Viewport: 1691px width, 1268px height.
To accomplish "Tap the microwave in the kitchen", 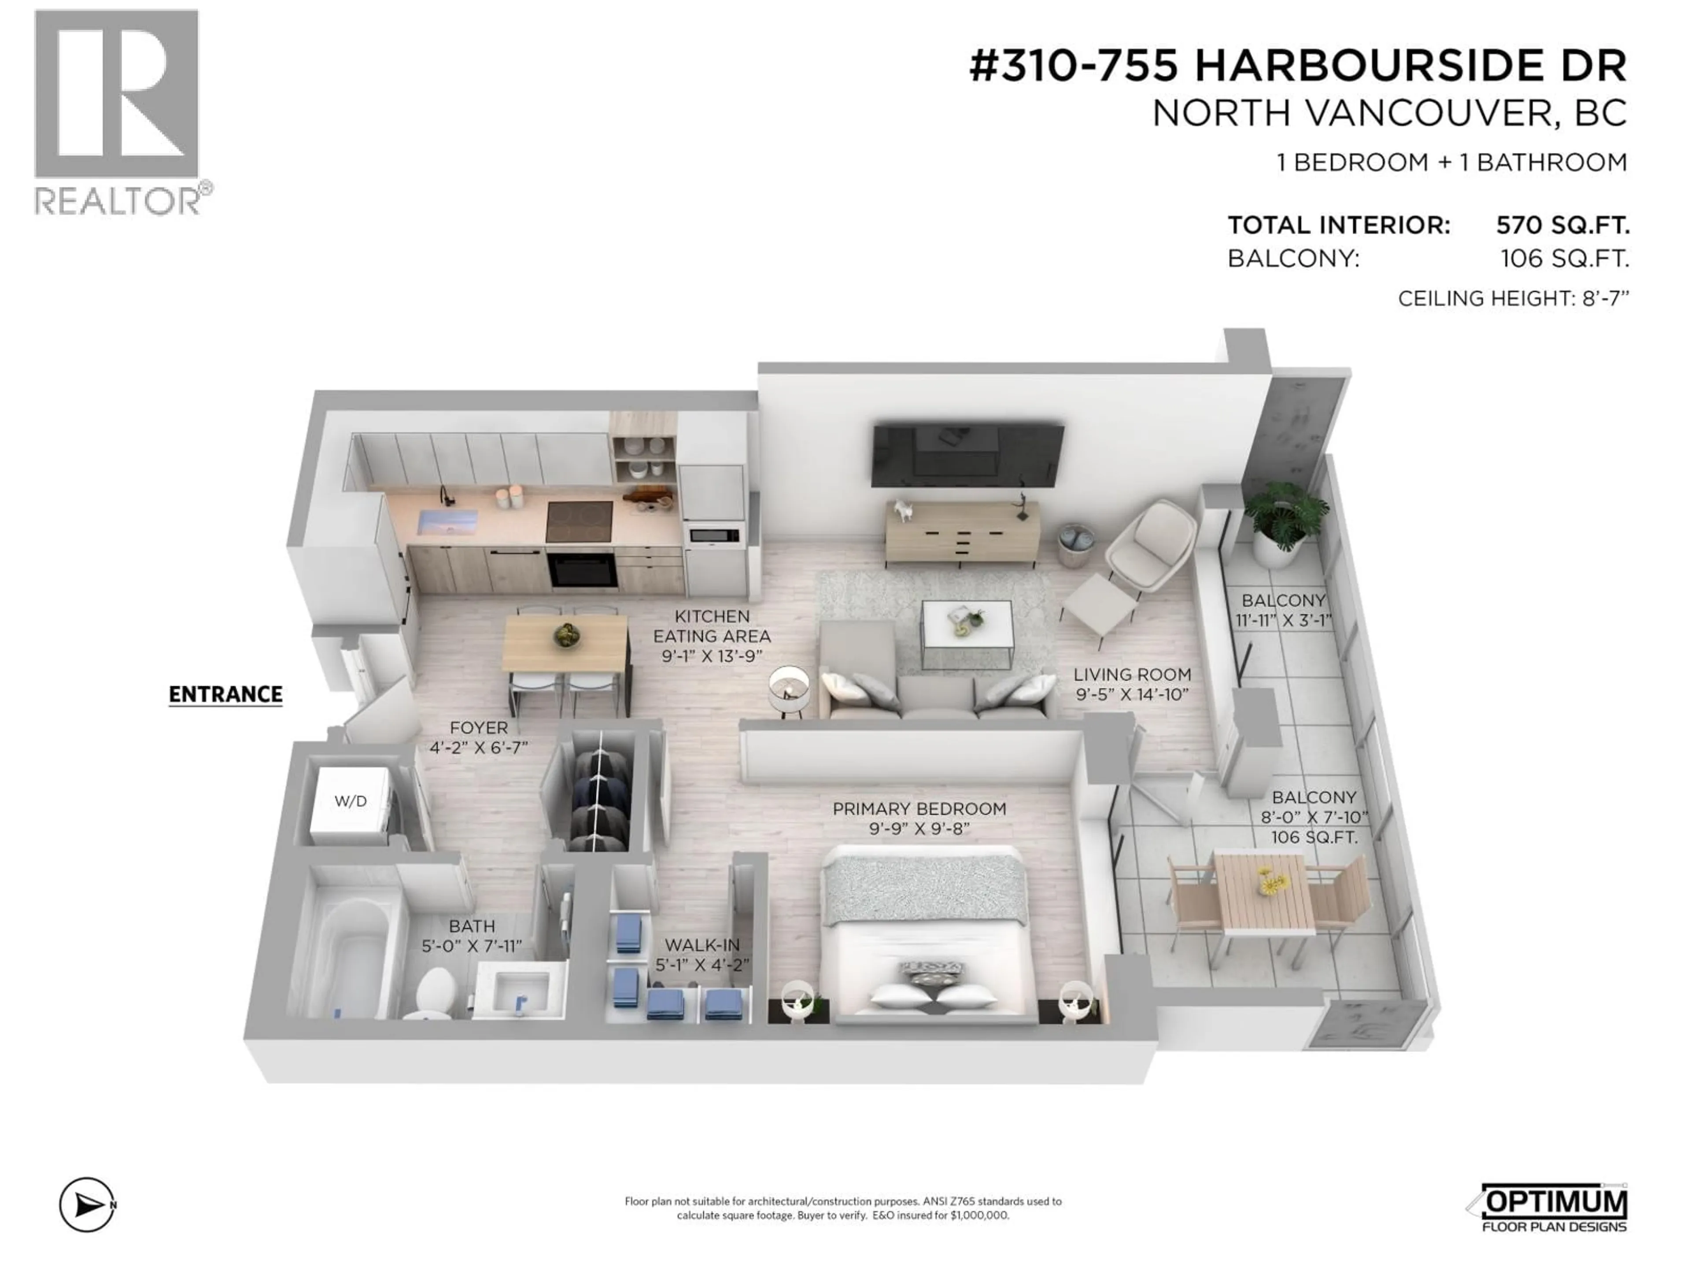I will [714, 535].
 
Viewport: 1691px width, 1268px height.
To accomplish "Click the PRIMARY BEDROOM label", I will [919, 809].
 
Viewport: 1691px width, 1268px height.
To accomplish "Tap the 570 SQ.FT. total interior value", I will [1562, 225].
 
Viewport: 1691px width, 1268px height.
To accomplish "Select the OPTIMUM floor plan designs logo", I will [1552, 1208].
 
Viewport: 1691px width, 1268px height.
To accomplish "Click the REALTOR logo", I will [118, 111].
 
